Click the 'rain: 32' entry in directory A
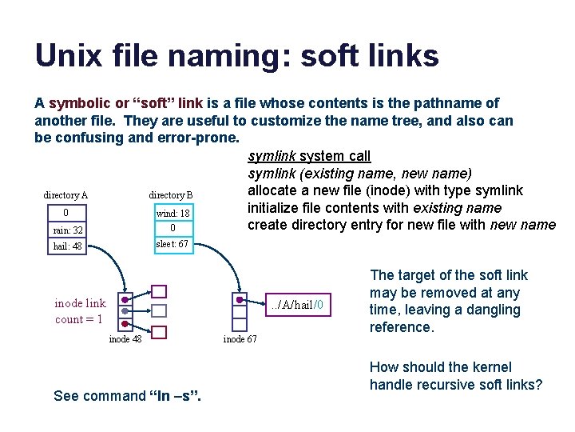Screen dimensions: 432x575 (67, 230)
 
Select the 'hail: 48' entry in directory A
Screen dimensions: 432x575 (67, 247)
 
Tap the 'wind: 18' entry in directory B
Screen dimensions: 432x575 (172, 214)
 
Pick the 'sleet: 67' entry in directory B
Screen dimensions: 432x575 (172, 244)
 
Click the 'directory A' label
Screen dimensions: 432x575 (65, 195)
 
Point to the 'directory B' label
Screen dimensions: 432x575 (171, 195)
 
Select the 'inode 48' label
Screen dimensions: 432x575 (126, 338)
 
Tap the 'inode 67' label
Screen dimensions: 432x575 (240, 338)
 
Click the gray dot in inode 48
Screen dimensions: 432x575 (125, 311)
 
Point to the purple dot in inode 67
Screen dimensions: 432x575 (240, 299)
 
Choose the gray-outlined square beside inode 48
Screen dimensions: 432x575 (159, 310)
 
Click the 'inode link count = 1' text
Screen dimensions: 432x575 (80, 311)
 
